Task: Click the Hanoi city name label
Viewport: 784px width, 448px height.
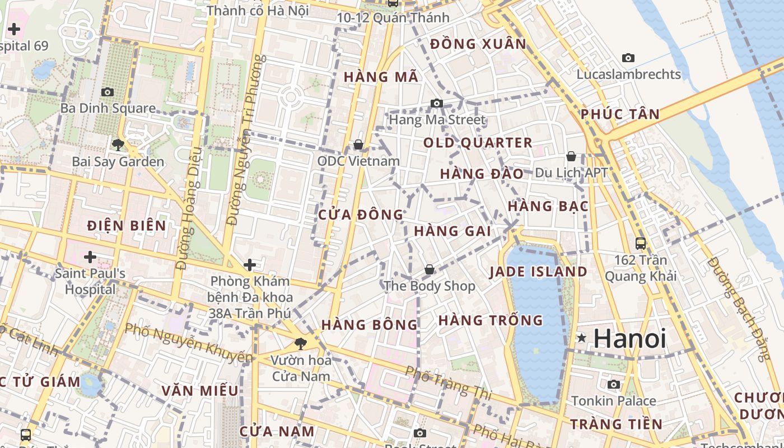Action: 629,339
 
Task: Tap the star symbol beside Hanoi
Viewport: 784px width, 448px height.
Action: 582,338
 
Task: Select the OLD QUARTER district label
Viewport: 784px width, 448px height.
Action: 478,143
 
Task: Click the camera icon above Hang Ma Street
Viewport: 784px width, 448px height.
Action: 437,103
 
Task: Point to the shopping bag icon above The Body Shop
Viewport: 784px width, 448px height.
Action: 430,270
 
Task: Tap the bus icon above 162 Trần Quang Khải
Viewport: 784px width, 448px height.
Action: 641,244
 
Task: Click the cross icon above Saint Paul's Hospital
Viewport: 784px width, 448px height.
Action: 90,257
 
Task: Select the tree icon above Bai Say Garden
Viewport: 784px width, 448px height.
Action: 118,145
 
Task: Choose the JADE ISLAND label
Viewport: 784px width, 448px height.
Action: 538,272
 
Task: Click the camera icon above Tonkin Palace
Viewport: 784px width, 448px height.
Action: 614,384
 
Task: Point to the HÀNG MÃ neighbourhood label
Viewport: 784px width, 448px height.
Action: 381,77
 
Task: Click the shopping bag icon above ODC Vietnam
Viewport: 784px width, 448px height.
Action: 358,145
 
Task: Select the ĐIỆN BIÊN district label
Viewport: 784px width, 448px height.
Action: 127,226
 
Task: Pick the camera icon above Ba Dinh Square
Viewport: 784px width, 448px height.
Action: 108,92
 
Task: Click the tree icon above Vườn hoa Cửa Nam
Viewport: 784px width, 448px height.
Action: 301,343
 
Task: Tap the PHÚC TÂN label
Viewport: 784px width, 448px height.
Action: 620,114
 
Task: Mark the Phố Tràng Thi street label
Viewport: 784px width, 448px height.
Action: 447,383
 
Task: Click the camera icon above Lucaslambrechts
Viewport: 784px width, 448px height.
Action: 628,58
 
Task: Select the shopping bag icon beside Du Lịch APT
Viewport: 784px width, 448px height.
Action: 571,156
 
